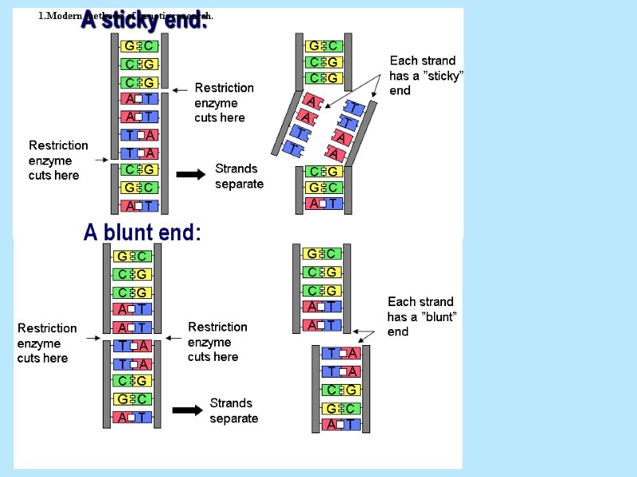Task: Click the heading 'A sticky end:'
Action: [x=144, y=21]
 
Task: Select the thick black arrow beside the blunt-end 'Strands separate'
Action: [x=188, y=410]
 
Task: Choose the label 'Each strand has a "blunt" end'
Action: [x=420, y=316]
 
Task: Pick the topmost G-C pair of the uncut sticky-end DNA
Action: [x=139, y=45]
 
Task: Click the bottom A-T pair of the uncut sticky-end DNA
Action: [x=139, y=206]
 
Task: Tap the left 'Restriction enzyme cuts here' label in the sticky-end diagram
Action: [x=58, y=160]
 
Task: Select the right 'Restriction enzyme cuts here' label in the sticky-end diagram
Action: [x=224, y=103]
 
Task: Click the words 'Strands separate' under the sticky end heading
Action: [x=238, y=176]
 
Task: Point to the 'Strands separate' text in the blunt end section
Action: [x=233, y=410]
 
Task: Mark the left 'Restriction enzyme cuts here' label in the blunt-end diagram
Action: [x=47, y=343]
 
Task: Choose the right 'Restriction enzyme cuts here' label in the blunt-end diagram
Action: [x=217, y=342]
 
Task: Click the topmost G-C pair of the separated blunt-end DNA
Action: [x=322, y=254]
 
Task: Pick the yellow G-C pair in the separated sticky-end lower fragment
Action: [x=323, y=188]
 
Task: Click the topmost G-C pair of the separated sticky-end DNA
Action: [x=323, y=45]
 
